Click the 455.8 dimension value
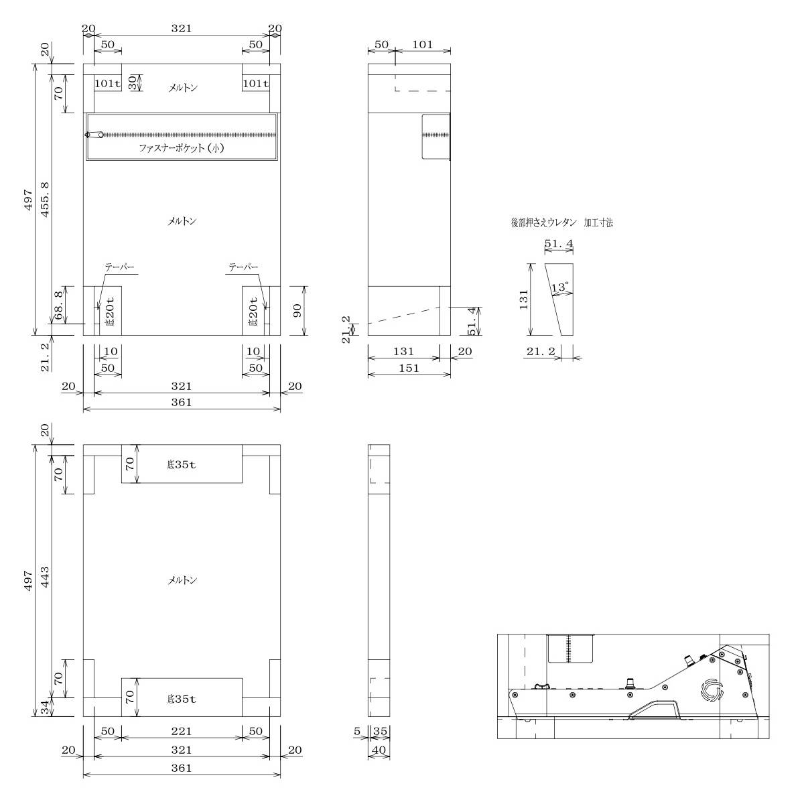(x=45, y=200)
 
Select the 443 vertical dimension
(x=45, y=576)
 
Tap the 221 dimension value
(x=182, y=731)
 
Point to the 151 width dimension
(x=409, y=368)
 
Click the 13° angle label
(x=560, y=287)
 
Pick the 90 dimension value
(x=297, y=310)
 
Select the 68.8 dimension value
(x=59, y=305)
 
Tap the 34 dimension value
(x=45, y=708)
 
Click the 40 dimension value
(x=379, y=750)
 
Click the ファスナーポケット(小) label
(x=182, y=147)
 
